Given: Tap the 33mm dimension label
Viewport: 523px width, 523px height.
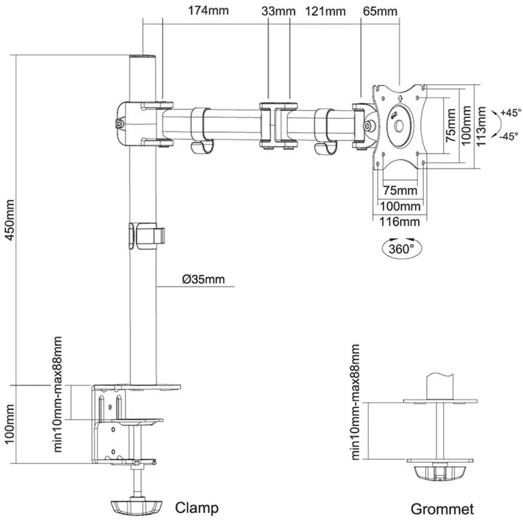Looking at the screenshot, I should pos(278,11).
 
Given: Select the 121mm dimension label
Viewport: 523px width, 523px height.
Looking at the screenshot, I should pos(326,11).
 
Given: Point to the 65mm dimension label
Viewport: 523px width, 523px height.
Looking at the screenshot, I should pos(380,11).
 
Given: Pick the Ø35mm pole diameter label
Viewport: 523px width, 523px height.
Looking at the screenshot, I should pos(205,279).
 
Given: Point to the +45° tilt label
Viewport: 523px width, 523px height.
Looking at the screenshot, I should pos(509,112).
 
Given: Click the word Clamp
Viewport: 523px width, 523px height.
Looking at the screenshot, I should pos(197,508).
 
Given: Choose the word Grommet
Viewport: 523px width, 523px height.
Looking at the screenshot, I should pos(442,509).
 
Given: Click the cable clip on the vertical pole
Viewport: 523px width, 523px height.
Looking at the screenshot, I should pos(146,235).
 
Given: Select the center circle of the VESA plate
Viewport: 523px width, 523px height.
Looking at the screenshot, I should pos(399,127).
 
